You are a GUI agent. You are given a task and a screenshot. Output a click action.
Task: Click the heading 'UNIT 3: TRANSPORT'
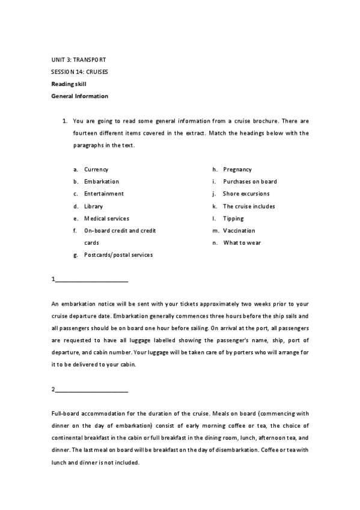[x=78, y=60]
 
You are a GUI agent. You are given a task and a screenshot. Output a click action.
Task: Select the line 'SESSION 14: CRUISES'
[x=79, y=72]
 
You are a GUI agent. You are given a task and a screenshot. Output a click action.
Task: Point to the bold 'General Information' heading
[x=79, y=96]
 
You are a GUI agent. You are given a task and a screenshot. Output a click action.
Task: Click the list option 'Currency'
[x=96, y=170]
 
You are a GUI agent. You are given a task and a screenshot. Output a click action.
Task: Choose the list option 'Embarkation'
[x=102, y=182]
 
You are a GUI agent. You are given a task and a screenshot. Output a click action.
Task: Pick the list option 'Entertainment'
[x=104, y=194]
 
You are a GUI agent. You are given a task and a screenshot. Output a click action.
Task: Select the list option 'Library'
[x=93, y=206]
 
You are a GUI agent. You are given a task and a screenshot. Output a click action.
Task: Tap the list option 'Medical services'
[x=106, y=218]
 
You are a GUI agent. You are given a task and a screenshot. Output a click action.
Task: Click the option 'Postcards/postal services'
[x=118, y=255]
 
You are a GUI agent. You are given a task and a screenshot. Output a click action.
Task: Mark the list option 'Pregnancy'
[x=237, y=170]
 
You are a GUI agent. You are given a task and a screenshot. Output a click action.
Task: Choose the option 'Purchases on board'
[x=250, y=182]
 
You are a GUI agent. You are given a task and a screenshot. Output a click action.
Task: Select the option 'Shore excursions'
[x=246, y=194]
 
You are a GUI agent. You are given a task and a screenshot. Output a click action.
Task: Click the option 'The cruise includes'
[x=249, y=206]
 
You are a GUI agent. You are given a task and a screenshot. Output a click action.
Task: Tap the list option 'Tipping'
[x=233, y=218]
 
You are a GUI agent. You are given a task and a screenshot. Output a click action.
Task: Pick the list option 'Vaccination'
[x=239, y=231]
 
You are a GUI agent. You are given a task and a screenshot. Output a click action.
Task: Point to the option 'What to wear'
[x=242, y=243]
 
